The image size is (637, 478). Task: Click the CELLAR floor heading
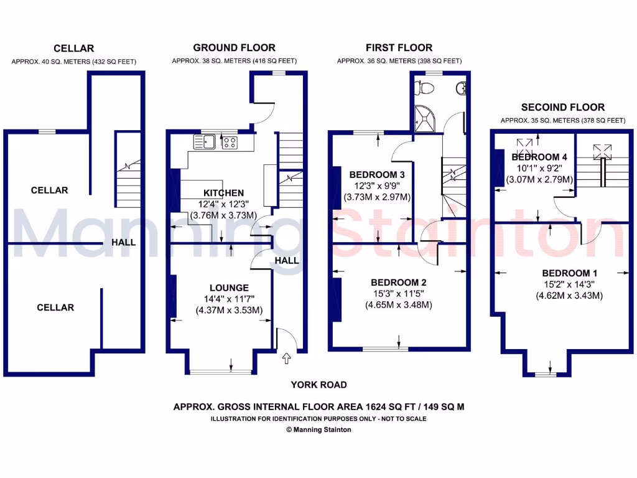[73, 48]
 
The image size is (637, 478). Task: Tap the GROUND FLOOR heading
[234, 47]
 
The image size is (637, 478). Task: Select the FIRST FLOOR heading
[399, 47]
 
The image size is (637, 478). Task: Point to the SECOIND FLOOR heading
[563, 107]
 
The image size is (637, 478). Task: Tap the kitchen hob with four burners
[230, 143]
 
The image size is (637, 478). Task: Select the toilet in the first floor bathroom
[427, 89]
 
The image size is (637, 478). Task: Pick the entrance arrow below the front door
[286, 358]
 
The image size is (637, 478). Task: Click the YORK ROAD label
[318, 385]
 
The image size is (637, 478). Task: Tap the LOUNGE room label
[229, 288]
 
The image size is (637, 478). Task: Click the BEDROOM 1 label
[570, 273]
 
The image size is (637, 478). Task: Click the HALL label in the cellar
[124, 242]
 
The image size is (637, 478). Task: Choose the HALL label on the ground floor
[287, 261]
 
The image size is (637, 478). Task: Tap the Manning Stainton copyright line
[318, 429]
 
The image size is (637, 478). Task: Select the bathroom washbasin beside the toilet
[462, 89]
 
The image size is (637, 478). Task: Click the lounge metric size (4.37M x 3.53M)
[229, 310]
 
